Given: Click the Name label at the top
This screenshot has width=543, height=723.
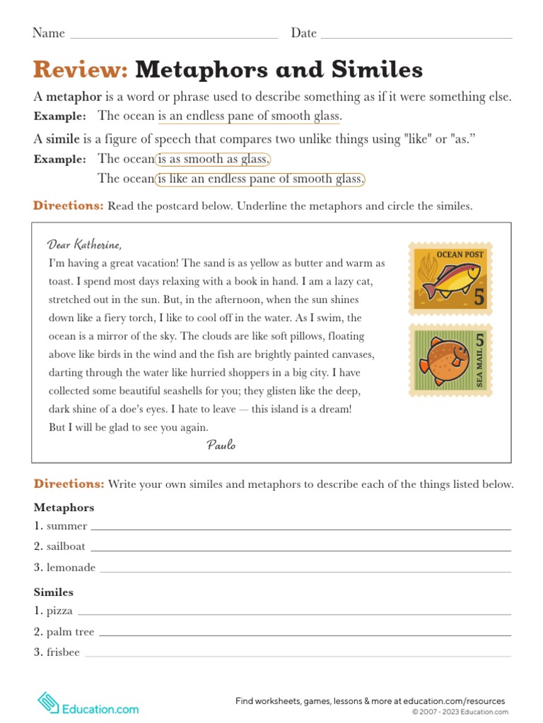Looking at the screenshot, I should (49, 33).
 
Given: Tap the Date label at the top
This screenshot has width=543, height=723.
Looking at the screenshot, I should (304, 33).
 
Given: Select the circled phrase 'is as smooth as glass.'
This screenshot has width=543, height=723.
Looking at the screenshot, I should (213, 159).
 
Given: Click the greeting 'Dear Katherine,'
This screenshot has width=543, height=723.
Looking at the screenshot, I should (85, 245).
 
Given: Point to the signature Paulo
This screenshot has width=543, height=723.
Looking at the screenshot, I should (221, 444).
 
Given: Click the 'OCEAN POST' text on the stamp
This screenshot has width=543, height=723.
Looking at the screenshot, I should (460, 254).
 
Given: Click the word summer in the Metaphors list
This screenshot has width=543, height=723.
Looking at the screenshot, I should (66, 526).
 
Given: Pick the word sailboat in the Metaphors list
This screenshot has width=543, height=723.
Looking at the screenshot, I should (66, 546).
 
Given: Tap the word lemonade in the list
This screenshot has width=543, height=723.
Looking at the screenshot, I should (71, 568).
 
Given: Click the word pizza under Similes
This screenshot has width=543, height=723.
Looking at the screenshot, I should (59, 611).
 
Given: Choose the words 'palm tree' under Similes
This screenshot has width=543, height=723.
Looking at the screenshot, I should (70, 632).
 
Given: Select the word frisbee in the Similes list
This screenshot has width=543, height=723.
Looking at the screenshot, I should (63, 652).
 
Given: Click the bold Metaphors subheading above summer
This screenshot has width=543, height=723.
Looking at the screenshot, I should (64, 508).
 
